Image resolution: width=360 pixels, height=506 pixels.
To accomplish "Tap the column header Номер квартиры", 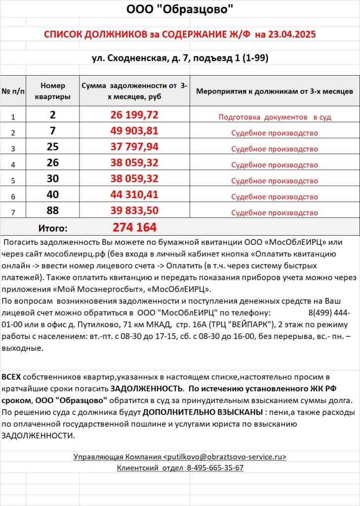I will coord(53,91).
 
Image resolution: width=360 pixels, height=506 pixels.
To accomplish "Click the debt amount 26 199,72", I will coord(135,116).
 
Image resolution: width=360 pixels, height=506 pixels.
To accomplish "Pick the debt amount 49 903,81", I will coord(135,132).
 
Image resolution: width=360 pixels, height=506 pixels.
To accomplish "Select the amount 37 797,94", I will coord(135,148).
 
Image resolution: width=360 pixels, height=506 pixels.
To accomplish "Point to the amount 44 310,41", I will coord(135,195).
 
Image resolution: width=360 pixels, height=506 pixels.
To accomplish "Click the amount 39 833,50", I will coord(135,211).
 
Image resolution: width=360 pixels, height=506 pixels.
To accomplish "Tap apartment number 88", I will coord(53,211).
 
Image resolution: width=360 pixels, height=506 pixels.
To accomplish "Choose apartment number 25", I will coord(53,148).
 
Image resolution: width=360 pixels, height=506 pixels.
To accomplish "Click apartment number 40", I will coord(53,195).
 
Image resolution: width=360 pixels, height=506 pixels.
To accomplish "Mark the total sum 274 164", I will coord(135,227).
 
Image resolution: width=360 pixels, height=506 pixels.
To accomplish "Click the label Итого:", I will coord(53,228).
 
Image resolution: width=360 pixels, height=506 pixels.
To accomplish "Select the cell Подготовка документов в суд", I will coord(275,117).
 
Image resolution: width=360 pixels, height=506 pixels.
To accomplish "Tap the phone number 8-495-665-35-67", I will coord(215,468).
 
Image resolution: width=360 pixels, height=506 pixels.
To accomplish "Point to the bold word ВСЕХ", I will coord(11,377).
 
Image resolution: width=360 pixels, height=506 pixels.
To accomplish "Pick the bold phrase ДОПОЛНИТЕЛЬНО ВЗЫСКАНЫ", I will coord(203,412).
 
